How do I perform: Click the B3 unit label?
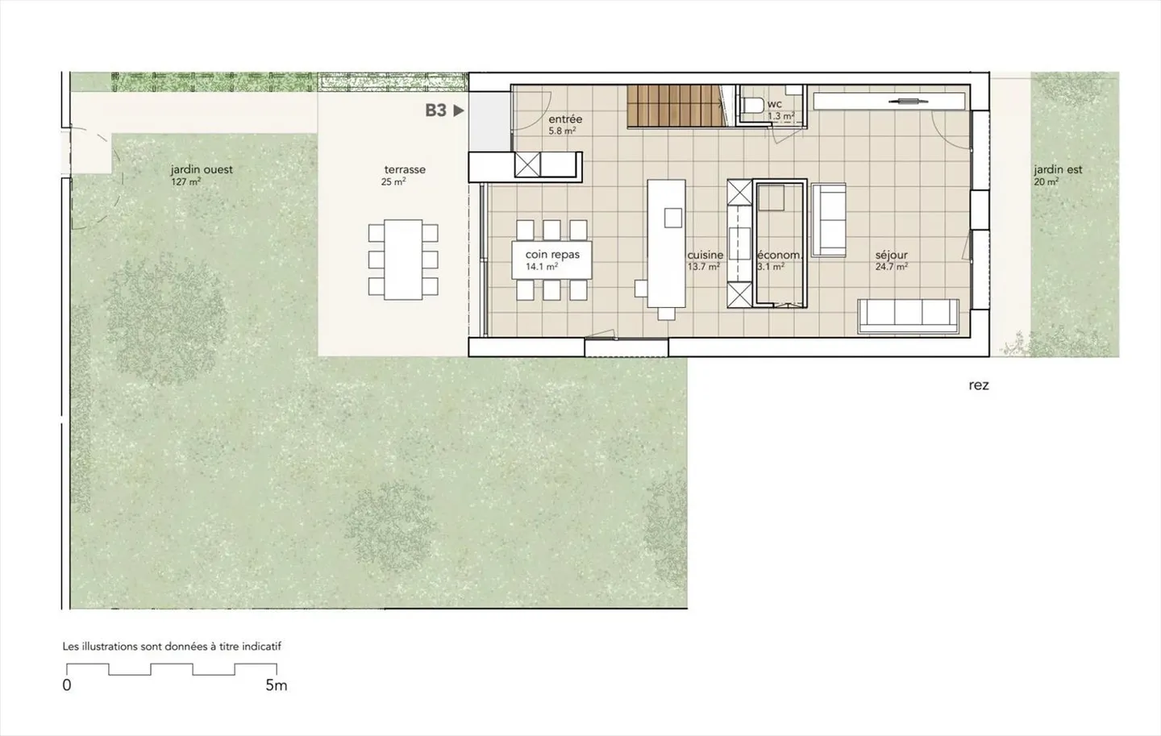click(x=435, y=110)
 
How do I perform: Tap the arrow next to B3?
click(x=459, y=110)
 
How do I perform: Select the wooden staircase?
click(x=675, y=106)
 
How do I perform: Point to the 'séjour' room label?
click(x=891, y=255)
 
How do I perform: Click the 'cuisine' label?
click(x=705, y=255)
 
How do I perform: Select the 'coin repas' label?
click(x=552, y=255)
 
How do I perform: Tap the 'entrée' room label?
click(x=564, y=119)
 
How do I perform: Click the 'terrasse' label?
click(x=405, y=170)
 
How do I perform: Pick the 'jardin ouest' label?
click(x=202, y=170)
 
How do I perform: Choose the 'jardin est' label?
click(x=1058, y=170)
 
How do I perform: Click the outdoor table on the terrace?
click(x=403, y=259)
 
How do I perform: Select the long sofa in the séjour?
click(x=908, y=316)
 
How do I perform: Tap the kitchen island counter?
click(x=666, y=242)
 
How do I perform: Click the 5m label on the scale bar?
click(x=276, y=685)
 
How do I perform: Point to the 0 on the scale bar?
click(x=67, y=685)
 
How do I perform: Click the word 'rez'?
click(x=978, y=385)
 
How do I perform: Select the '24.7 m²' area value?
click(x=891, y=267)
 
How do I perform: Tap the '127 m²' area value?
click(x=185, y=182)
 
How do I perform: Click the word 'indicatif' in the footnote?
click(x=259, y=647)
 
